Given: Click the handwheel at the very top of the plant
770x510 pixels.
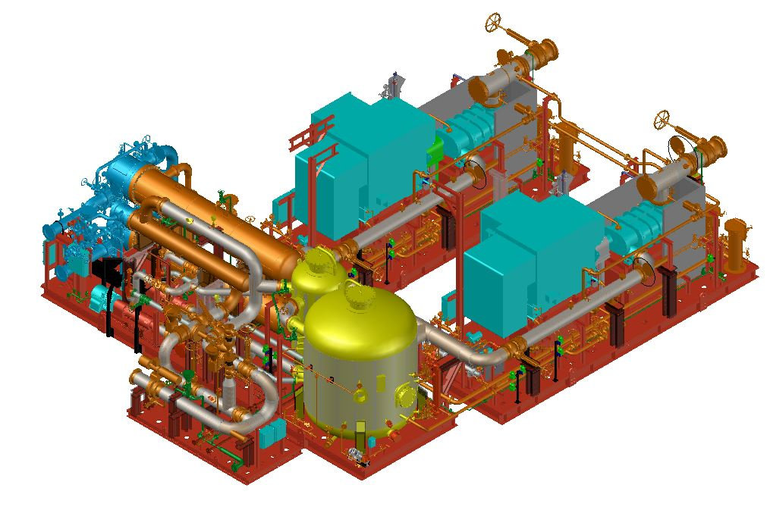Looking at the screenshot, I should click(x=495, y=22).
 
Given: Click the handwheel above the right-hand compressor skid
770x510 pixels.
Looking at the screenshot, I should click(x=663, y=119).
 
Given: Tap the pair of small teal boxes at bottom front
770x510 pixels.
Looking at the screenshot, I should click(x=272, y=433).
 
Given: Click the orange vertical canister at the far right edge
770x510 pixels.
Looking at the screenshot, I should click(x=735, y=244).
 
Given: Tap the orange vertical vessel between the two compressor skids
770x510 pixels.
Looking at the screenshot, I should click(x=566, y=148).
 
